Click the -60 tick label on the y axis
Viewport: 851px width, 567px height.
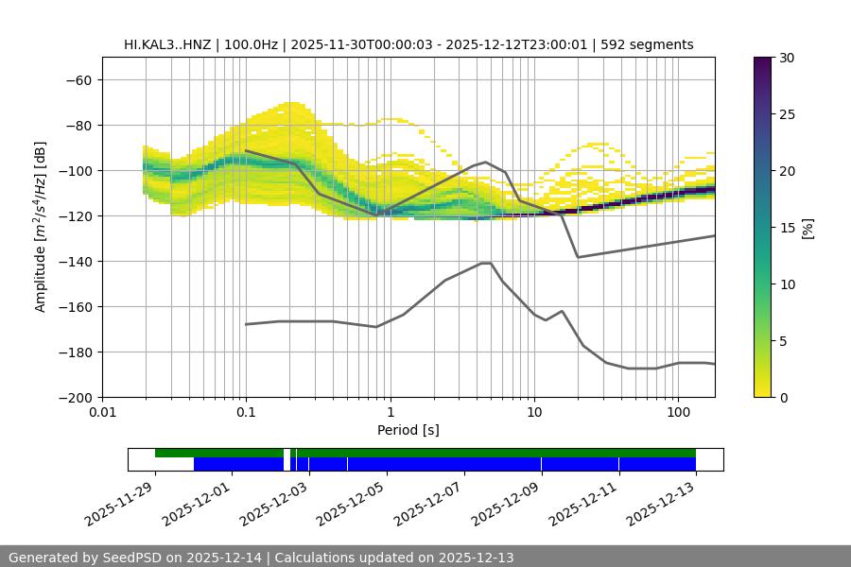click(x=78, y=79)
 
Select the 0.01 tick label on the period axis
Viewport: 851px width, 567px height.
click(x=102, y=413)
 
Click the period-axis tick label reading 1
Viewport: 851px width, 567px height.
click(x=390, y=413)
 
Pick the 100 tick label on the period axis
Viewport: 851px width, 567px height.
click(x=677, y=413)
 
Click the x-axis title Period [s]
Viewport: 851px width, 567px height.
click(x=408, y=430)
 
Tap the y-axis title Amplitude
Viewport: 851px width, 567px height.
click(x=41, y=227)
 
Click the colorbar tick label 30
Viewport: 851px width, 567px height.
click(x=787, y=58)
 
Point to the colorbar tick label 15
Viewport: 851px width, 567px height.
click(x=787, y=227)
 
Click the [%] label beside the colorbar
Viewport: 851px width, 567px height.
click(x=808, y=227)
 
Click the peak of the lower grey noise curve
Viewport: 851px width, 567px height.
click(x=486, y=263)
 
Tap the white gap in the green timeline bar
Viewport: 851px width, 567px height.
click(x=287, y=453)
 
